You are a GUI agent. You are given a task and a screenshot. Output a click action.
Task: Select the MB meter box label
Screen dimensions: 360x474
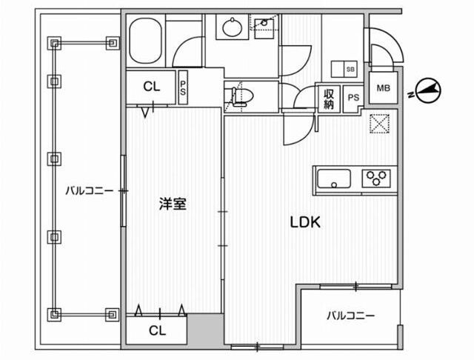point(384,89)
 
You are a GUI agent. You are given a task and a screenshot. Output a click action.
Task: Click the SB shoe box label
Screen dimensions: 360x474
point(350,69)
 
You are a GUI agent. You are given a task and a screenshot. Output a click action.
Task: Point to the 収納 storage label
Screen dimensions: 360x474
point(329,99)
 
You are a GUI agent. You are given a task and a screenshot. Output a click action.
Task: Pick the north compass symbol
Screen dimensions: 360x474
point(427,90)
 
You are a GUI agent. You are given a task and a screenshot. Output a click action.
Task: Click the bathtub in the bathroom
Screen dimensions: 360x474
point(145,43)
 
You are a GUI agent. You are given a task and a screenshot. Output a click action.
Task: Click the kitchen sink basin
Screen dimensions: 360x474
point(334,179)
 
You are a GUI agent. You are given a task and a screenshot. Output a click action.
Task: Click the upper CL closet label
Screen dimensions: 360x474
point(151,87)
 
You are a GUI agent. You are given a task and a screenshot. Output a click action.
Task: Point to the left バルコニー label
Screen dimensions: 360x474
point(88,190)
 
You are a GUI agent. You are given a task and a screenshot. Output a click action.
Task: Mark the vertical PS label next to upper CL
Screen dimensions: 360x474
point(183,87)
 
